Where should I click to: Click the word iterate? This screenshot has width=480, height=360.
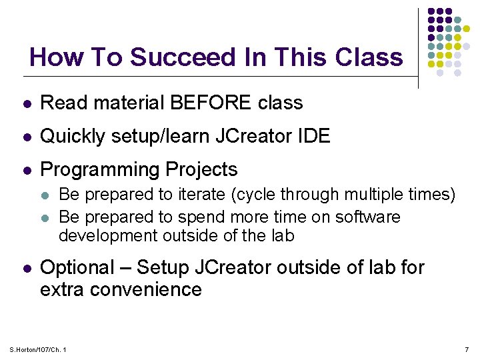tap(201, 195)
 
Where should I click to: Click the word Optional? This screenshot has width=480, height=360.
tap(77, 267)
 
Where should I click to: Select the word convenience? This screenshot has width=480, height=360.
tap(147, 289)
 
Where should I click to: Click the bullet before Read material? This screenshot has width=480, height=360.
tap(25, 103)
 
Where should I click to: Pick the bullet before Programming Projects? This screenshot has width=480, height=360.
tap(25, 170)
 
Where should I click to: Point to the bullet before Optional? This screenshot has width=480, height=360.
tap(25, 268)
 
